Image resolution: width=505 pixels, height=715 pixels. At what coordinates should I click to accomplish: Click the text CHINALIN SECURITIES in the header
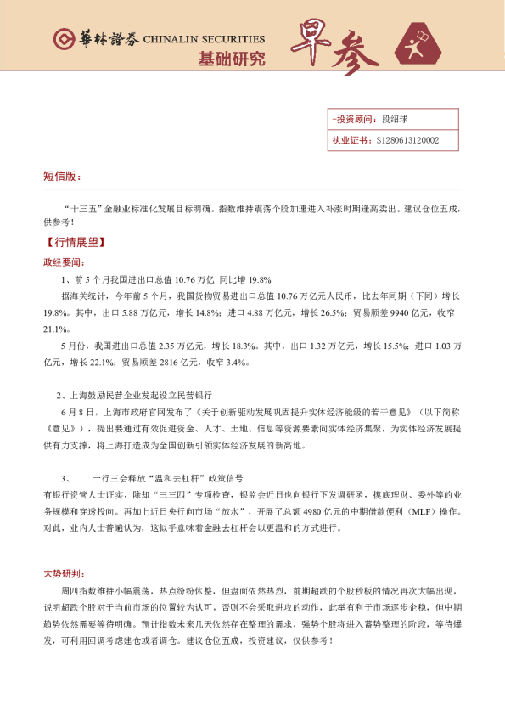204,39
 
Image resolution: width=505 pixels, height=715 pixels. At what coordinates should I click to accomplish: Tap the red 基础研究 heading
231,59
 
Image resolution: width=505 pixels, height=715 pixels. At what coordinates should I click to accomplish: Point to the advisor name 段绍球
396,120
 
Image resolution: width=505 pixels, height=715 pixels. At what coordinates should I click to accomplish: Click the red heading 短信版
61,177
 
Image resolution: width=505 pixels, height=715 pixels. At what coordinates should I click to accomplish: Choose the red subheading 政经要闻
64,262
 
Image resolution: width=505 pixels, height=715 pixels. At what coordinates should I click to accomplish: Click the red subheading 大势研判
64,572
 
